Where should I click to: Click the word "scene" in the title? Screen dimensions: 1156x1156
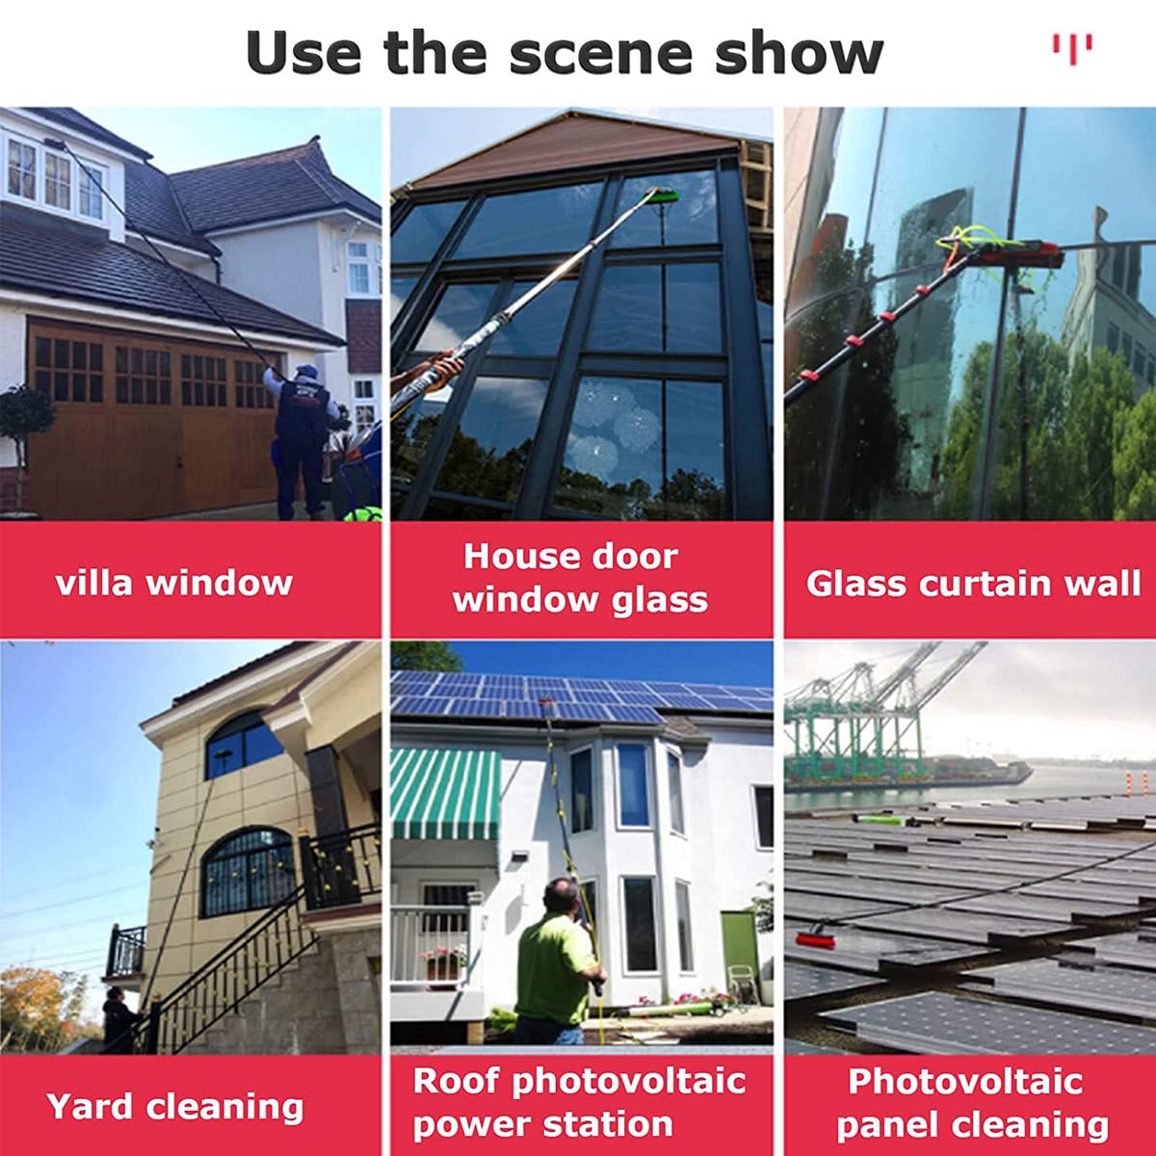[601, 53]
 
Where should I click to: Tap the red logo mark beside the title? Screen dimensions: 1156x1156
[1072, 48]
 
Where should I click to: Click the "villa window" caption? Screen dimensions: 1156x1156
[174, 583]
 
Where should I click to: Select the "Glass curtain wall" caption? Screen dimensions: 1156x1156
[973, 583]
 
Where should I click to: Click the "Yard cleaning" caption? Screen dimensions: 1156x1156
[175, 1106]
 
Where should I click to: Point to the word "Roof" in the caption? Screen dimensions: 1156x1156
[457, 1081]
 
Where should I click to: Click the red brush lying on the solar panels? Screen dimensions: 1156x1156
[816, 940]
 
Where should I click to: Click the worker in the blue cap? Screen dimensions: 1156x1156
[302, 439]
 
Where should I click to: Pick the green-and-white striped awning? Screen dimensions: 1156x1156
[445, 794]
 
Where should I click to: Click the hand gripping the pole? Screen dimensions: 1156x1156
[444, 367]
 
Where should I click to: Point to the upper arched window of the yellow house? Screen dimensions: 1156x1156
[244, 745]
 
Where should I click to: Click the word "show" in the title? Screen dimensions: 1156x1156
[799, 53]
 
